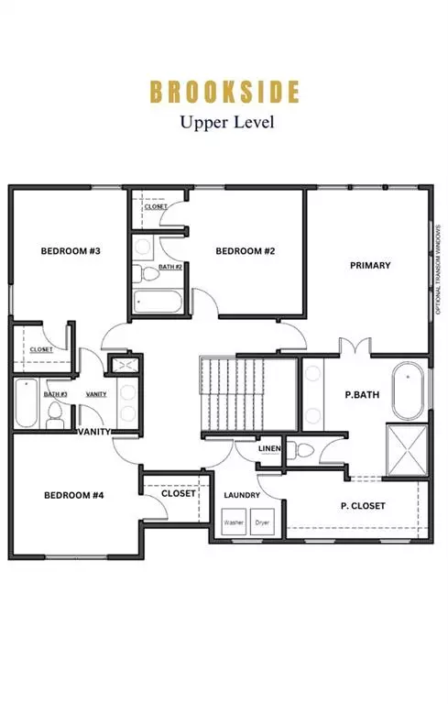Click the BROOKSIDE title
224,92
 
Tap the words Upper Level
224,119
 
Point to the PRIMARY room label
370,265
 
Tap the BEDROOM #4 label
73,495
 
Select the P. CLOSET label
363,505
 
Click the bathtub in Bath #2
159,301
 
